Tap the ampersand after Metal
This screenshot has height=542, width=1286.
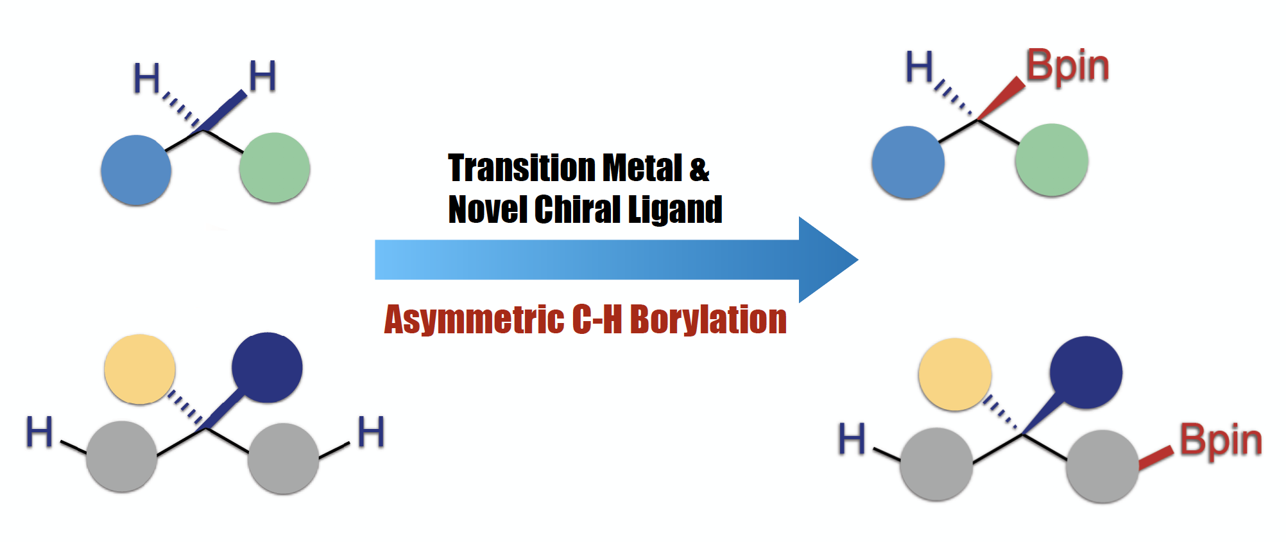tap(699, 170)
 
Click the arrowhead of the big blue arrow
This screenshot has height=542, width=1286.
tap(828, 259)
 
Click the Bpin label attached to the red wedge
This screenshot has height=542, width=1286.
tap(1067, 66)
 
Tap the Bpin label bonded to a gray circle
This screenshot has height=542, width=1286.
tap(1221, 441)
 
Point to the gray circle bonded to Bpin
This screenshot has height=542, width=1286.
tap(1102, 466)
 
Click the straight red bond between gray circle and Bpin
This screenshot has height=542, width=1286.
tap(1156, 457)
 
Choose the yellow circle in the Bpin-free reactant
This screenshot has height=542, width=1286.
tap(139, 369)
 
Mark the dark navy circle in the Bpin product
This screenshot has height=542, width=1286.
tap(1086, 372)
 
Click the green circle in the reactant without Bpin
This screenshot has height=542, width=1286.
tap(275, 168)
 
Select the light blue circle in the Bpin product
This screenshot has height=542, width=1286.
tap(908, 162)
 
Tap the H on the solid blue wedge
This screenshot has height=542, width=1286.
tap(262, 76)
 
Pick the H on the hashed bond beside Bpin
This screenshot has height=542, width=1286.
tap(919, 67)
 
